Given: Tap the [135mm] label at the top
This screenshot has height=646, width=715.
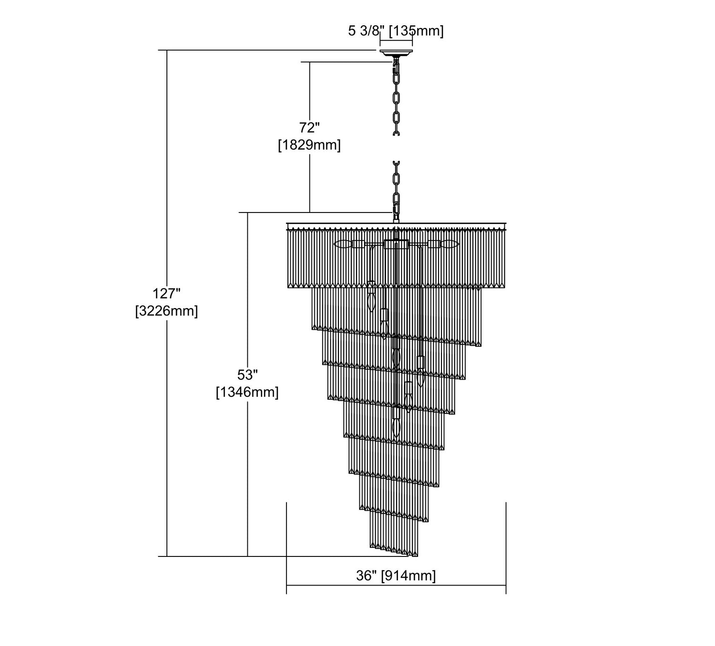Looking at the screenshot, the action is pyautogui.click(x=416, y=31).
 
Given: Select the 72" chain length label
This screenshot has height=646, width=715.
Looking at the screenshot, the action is pyautogui.click(x=309, y=128).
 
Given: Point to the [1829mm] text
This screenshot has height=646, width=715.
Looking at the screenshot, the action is pyautogui.click(x=309, y=145).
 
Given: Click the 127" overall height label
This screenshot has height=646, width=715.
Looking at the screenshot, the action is pyautogui.click(x=166, y=293).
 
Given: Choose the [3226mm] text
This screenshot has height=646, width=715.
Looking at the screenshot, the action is pyautogui.click(x=166, y=311).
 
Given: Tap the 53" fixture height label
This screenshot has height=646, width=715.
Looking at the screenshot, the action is pyautogui.click(x=247, y=375).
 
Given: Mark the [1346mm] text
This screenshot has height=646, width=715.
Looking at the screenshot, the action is pyautogui.click(x=247, y=392).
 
